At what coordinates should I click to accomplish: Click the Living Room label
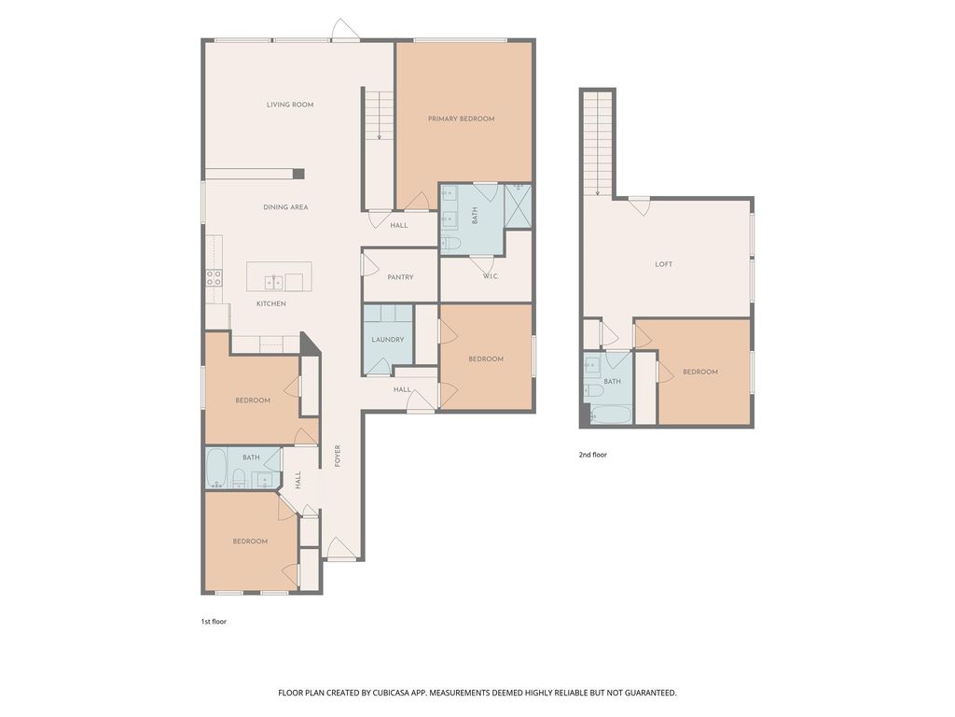coord(290,105)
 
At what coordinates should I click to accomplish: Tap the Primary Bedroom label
coord(461,119)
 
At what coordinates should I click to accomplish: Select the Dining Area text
coord(285,207)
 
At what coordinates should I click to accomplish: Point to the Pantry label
coord(400,277)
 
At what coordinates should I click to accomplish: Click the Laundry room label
coord(387,340)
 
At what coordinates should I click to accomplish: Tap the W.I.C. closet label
coord(491,276)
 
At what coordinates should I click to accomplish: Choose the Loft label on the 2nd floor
coord(664,264)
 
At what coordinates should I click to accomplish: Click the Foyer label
coord(338,456)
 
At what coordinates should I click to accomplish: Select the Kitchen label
coord(271,303)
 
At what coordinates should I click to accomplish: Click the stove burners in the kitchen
coord(214,278)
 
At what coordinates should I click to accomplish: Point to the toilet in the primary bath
coord(450,244)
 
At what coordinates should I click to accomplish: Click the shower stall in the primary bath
coord(519,205)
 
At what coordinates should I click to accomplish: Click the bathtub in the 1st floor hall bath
coord(216,469)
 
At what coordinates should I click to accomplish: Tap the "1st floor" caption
coord(214,622)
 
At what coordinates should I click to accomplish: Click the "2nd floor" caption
coord(592,455)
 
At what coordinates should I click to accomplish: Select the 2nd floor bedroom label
coord(700,372)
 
